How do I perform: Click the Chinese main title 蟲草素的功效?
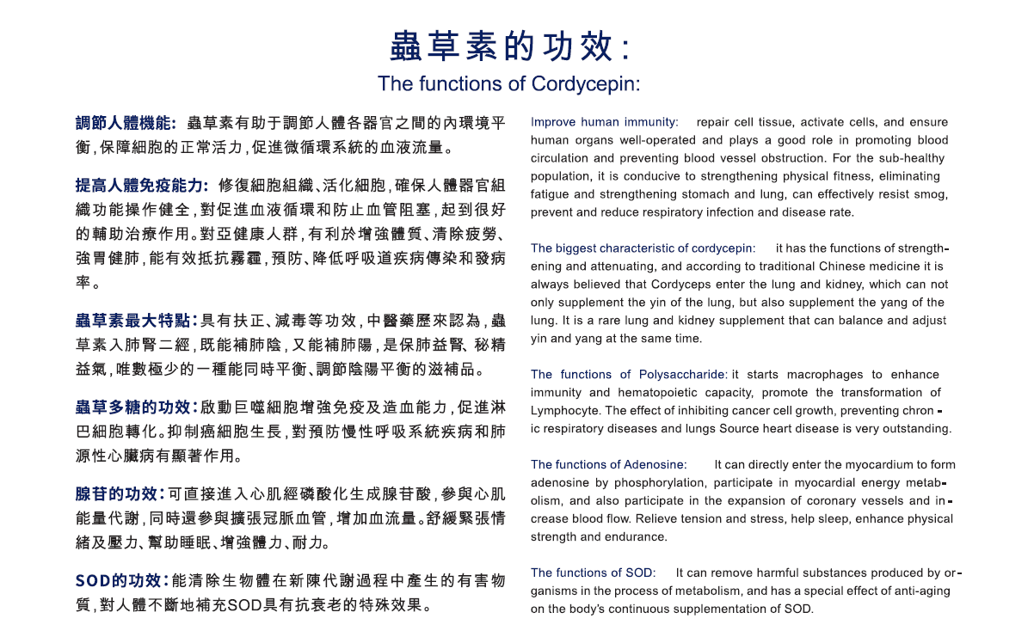coord(509,46)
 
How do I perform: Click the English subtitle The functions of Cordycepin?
coord(508,84)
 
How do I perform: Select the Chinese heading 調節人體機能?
coord(126,124)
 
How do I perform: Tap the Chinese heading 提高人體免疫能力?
coord(142,186)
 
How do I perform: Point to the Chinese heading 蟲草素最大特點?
coord(137,321)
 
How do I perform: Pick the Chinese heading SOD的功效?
coord(123,581)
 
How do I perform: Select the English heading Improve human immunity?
coord(604,122)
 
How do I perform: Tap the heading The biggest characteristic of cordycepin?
coord(643,248)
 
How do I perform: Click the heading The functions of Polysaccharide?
coord(629,375)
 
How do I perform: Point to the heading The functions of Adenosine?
coord(608,465)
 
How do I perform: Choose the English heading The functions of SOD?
coord(593,573)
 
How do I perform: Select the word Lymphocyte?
coord(565,411)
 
